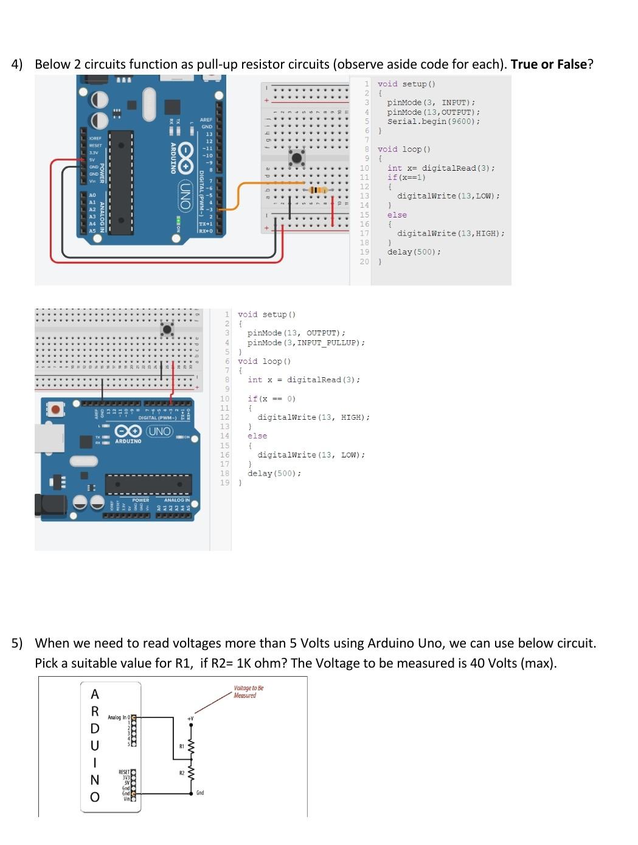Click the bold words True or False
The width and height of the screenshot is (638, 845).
pos(549,64)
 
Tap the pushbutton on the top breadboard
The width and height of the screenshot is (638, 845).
pos(297,158)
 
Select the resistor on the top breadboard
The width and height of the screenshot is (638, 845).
pos(317,190)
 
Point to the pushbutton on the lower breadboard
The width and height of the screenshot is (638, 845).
pos(167,329)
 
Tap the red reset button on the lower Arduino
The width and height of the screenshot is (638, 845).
pos(56,409)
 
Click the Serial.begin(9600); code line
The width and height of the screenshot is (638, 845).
pos(433,121)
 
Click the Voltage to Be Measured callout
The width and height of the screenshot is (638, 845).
pos(248,692)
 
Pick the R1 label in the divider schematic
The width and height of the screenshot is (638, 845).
pos(181,745)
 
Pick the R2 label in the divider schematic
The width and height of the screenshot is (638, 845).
pos(181,773)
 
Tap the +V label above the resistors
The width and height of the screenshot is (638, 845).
pos(190,719)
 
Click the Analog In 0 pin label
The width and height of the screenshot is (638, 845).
pos(118,717)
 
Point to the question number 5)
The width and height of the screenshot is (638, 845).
pos(17,643)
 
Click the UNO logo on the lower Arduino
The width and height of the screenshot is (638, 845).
pos(160,431)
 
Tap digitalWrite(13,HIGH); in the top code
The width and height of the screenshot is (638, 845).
pos(451,233)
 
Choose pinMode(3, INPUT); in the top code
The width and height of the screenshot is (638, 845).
pos(431,103)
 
